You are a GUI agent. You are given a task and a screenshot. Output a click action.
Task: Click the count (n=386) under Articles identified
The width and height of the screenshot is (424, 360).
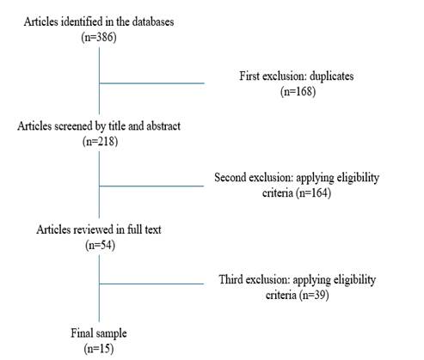point(99,37)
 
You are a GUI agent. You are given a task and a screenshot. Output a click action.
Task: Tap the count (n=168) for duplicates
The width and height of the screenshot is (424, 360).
point(298,91)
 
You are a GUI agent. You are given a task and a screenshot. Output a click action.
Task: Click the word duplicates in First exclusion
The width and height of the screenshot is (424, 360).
point(332,76)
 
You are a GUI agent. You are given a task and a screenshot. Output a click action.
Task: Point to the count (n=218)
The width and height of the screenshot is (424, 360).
point(100,141)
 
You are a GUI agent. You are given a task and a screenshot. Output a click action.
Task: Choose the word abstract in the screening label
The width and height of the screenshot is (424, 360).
point(163,126)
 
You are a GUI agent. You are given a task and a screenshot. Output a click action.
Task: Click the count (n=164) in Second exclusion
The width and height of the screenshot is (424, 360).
point(314,192)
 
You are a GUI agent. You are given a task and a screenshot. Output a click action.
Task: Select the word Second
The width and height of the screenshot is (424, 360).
point(230,178)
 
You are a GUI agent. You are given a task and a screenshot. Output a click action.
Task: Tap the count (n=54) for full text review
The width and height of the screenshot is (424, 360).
point(100,245)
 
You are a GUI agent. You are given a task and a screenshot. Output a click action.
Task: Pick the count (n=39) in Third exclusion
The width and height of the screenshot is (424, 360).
point(314,295)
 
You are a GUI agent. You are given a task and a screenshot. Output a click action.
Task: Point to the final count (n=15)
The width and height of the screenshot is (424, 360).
point(99,349)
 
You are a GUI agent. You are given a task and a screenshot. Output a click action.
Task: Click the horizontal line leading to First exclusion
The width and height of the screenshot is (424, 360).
point(152,83)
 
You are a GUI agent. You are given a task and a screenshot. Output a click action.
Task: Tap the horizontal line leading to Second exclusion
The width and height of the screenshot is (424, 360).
point(151,186)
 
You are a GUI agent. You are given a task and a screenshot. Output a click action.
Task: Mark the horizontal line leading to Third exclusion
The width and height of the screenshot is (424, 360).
point(151,284)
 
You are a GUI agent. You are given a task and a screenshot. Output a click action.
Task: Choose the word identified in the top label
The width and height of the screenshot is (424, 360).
point(82,21)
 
